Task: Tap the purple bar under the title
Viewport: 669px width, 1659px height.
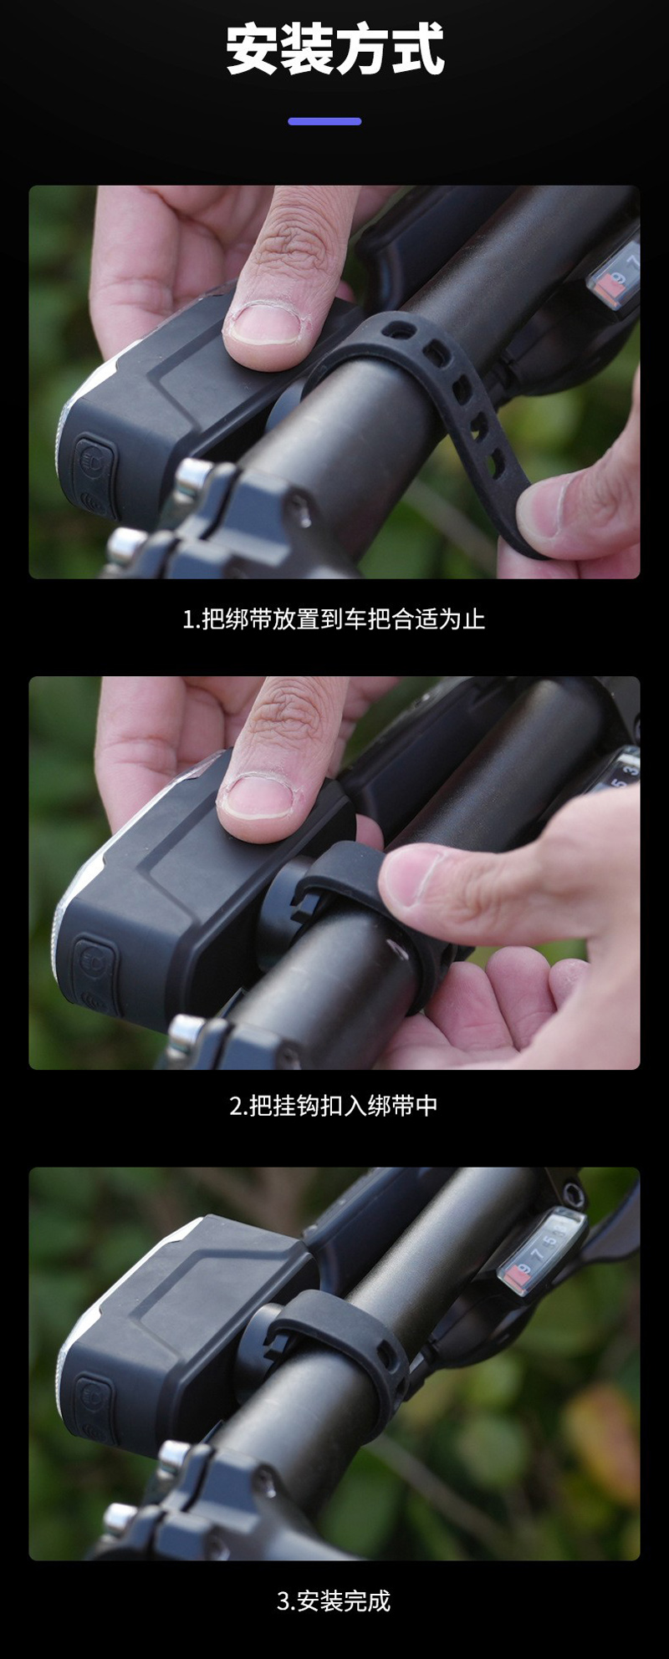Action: pos(324,121)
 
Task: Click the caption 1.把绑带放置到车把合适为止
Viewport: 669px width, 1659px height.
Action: pos(334,619)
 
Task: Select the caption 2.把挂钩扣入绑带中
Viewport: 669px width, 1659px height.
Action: pos(334,1106)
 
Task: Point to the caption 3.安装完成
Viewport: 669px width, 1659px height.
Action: pos(334,1601)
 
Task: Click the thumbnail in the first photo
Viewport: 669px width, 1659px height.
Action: pos(265,324)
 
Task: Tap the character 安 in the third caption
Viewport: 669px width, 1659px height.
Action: pos(308,1601)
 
